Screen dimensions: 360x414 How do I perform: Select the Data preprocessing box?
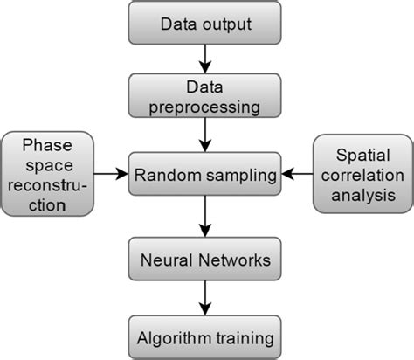point(205,96)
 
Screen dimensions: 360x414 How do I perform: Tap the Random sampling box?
point(205,174)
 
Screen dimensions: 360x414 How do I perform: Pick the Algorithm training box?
point(205,335)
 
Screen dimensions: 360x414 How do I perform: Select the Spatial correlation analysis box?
point(362,174)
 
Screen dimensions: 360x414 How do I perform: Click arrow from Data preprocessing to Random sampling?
point(205,135)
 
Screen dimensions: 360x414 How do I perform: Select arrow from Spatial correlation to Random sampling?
point(297,174)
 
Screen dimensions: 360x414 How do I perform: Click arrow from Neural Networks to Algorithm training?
point(205,298)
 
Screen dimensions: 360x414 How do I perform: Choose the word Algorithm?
point(177,336)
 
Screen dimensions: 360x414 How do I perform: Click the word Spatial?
point(362,153)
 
